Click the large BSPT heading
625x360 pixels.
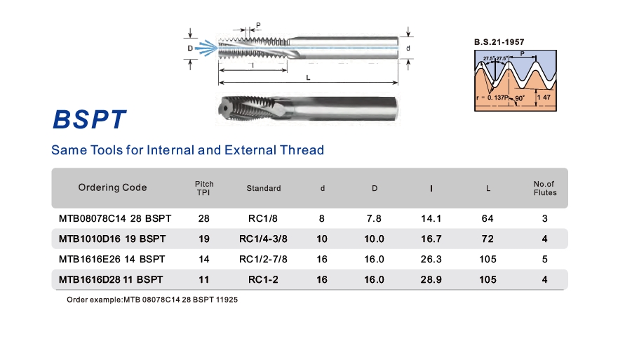(x=89, y=119)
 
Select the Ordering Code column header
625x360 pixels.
(x=112, y=187)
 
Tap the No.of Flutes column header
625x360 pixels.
(x=545, y=188)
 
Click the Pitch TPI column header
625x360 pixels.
(x=204, y=188)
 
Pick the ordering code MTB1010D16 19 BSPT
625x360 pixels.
(x=112, y=239)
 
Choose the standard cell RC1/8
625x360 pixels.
(x=262, y=218)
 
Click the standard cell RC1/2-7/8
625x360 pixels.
(x=263, y=259)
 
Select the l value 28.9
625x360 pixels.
(x=431, y=279)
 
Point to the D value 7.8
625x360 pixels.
(x=374, y=218)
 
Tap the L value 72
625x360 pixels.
(x=488, y=239)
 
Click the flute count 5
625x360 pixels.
(x=544, y=259)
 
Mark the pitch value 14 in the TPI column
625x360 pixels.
(x=203, y=259)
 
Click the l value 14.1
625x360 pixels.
(x=431, y=218)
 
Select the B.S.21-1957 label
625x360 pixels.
(x=499, y=42)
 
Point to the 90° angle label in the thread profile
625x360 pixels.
(x=520, y=98)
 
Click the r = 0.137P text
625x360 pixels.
(x=492, y=98)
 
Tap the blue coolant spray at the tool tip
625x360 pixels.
(x=206, y=48)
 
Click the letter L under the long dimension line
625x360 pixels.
(x=308, y=78)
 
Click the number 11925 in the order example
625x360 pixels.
(x=227, y=300)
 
